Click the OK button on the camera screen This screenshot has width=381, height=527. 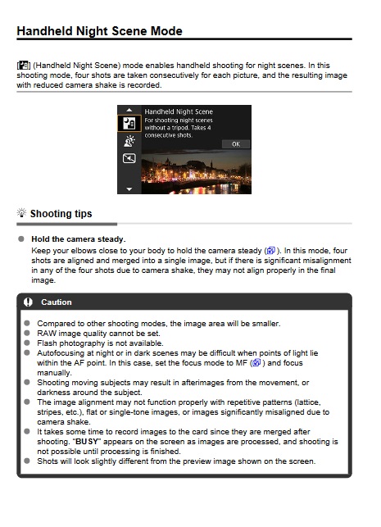(x=235, y=143)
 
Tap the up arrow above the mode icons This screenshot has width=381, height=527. (x=129, y=109)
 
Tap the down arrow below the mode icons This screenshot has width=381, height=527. (x=129, y=189)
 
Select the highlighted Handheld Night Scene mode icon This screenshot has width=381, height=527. (x=129, y=123)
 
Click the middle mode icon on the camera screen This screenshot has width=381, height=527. (x=129, y=140)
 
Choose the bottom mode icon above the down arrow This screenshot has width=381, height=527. (x=129, y=158)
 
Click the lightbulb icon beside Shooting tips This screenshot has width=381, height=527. (x=21, y=214)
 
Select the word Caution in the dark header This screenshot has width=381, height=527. (x=57, y=302)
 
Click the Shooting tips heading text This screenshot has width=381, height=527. (x=61, y=214)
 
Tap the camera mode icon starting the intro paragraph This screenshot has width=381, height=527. (x=22, y=65)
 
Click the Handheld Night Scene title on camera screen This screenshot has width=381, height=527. (x=179, y=111)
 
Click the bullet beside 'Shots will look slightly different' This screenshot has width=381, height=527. (x=28, y=461)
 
